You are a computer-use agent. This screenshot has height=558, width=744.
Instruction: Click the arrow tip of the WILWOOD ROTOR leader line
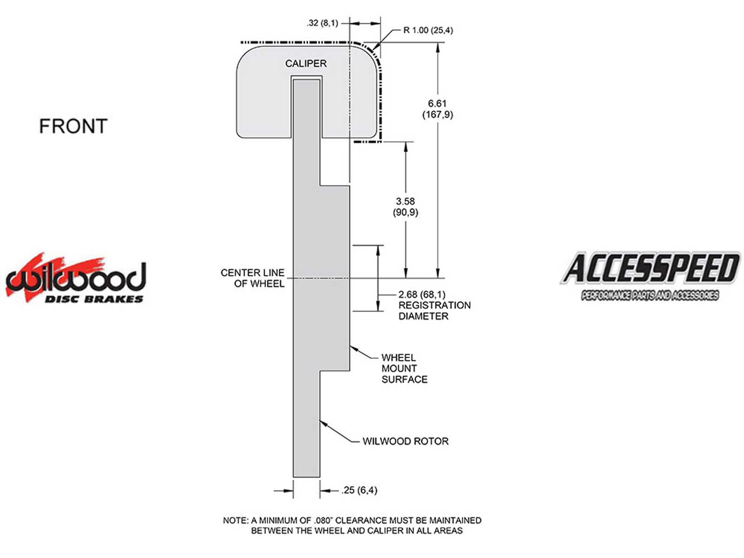[319, 420]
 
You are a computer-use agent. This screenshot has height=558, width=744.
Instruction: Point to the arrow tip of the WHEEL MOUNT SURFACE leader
[350, 346]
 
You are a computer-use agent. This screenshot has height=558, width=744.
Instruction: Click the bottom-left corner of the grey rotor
[293, 477]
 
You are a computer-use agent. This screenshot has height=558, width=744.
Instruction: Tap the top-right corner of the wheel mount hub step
[350, 186]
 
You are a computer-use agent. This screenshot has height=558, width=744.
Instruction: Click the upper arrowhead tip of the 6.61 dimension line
[438, 43]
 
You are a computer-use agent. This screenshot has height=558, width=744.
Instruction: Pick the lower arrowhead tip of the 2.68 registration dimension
[378, 311]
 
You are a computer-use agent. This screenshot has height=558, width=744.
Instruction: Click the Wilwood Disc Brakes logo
[75, 278]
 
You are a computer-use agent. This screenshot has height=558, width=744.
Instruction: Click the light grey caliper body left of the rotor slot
[264, 102]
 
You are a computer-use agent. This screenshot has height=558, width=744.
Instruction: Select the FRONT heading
[73, 126]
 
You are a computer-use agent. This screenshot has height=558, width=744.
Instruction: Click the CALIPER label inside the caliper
[306, 63]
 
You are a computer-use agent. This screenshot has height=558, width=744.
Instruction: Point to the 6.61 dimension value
[437, 109]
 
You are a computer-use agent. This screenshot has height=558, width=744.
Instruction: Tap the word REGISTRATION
[434, 305]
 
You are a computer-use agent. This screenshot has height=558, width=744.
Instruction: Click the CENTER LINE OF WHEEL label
[252, 278]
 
